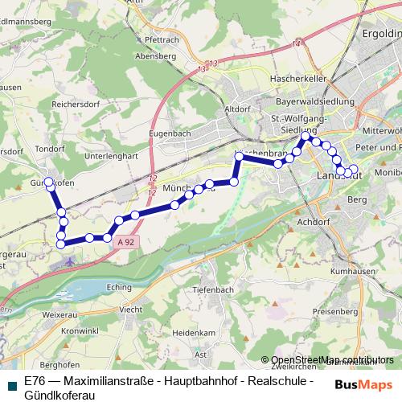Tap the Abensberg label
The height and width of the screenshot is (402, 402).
pos(157,56)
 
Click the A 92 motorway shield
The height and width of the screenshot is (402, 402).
pos(123,241)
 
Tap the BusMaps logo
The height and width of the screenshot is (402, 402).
pos(363,384)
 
